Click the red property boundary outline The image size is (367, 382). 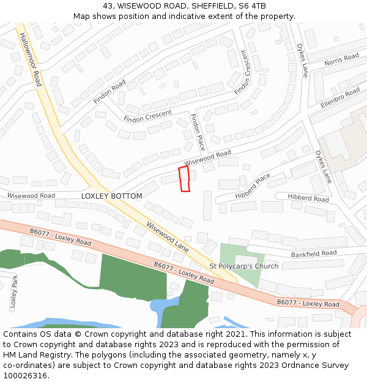(184, 178)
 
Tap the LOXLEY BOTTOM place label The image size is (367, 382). (111, 196)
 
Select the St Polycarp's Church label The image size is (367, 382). (243, 266)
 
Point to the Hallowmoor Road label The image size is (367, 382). (30, 59)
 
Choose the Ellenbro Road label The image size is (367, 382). (339, 98)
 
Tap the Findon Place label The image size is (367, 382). (198, 132)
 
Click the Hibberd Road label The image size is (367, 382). (308, 199)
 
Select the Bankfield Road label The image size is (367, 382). (313, 253)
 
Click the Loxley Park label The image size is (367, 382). (13, 293)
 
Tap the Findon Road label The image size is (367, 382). (110, 91)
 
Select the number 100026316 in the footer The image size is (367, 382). (25, 375)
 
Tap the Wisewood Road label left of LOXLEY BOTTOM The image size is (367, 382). (31, 196)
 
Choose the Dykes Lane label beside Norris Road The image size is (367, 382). (302, 60)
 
